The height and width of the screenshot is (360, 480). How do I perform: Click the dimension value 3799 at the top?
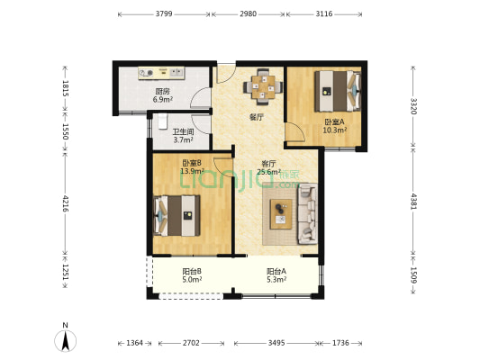(164, 13)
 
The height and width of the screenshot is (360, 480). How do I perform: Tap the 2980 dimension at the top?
(248, 13)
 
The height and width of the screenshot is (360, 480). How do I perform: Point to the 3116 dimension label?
(324, 13)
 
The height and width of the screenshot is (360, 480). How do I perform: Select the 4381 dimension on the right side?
(413, 201)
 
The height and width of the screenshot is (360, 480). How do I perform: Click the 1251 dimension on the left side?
(66, 272)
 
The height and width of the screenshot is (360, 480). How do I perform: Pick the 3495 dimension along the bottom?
(276, 343)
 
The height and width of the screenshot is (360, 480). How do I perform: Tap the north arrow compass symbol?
(65, 340)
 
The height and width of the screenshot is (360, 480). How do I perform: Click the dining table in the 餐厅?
(263, 87)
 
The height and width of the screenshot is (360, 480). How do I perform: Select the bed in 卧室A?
(338, 91)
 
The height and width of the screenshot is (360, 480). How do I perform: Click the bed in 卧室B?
(177, 216)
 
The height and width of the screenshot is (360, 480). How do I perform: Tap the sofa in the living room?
(307, 213)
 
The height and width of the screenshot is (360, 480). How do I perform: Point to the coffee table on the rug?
(281, 214)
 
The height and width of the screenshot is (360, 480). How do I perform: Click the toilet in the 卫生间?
(162, 121)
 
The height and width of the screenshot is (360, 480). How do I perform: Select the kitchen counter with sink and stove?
(161, 74)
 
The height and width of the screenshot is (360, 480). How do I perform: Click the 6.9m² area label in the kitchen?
(163, 99)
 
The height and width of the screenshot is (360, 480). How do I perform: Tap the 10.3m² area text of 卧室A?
(335, 130)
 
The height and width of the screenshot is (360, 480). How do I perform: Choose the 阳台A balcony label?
(276, 271)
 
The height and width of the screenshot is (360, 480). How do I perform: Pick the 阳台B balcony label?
(192, 271)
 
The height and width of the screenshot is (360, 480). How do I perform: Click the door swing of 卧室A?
(294, 131)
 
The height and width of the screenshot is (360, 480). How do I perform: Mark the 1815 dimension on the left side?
(66, 88)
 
